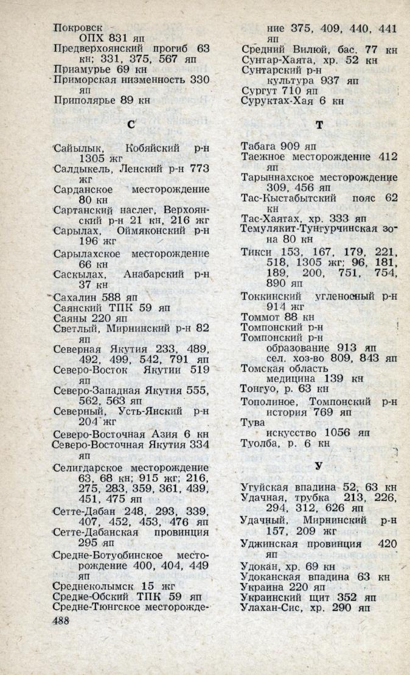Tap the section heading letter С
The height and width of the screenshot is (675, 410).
point(131,125)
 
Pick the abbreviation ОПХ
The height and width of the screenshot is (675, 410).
point(93,38)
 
